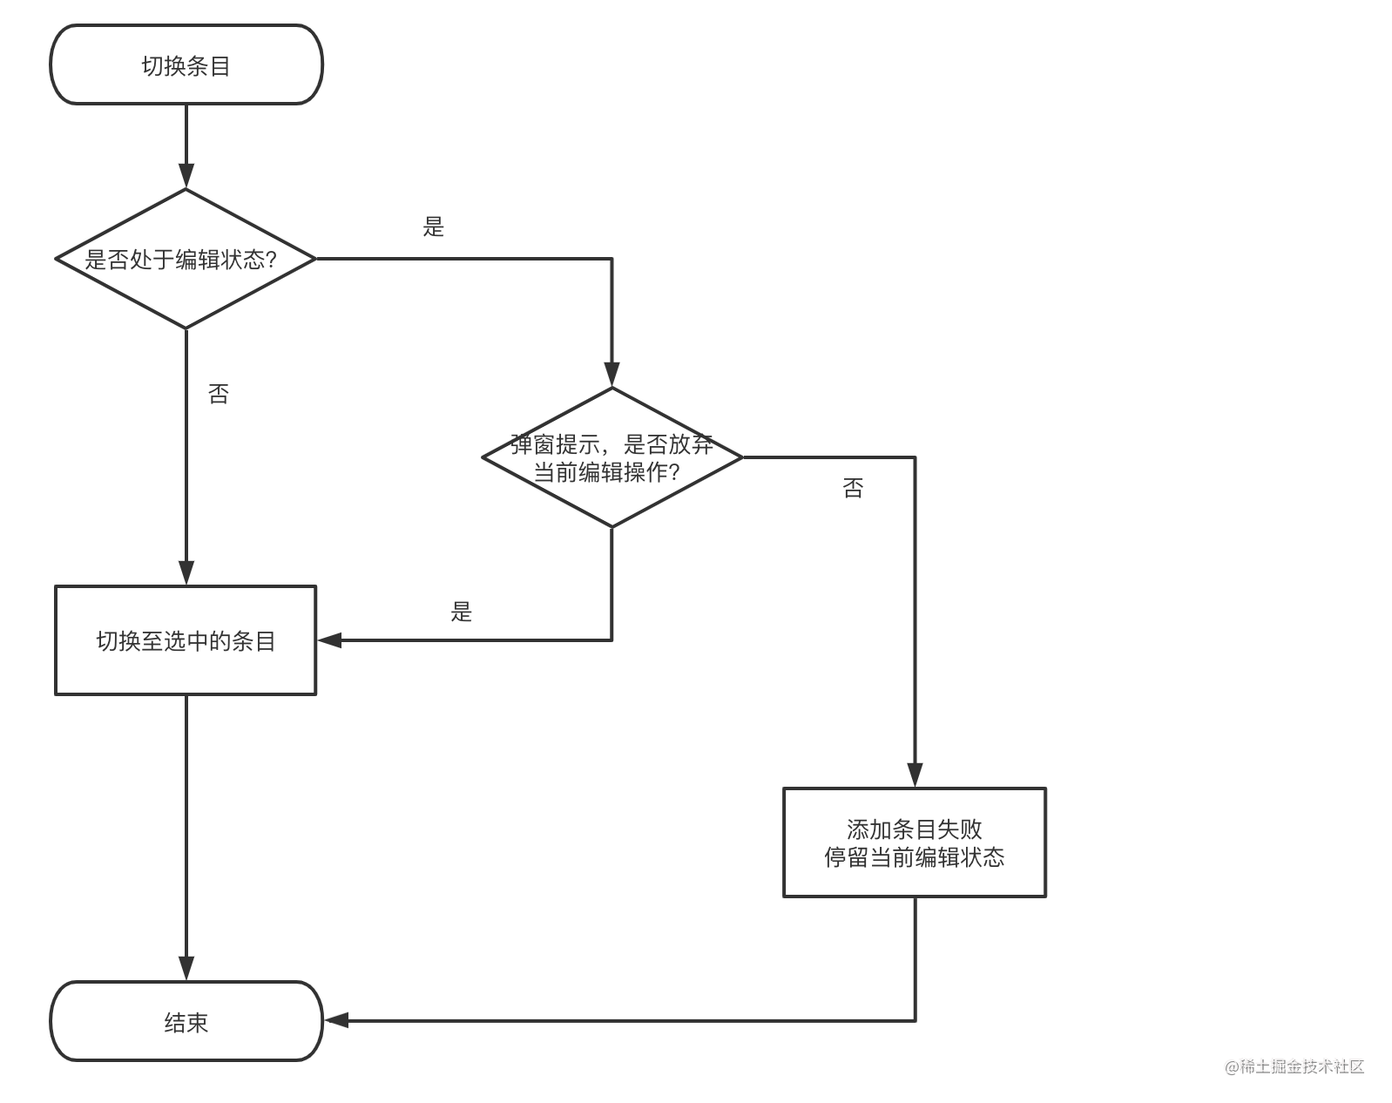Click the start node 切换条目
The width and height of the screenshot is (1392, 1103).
tap(186, 65)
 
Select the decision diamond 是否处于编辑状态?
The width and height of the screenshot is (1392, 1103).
tap(186, 259)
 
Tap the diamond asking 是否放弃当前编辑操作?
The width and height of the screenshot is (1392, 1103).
tap(612, 457)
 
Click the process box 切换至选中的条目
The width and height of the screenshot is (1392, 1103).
tap(186, 640)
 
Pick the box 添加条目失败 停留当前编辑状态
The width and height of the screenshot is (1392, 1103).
tap(914, 842)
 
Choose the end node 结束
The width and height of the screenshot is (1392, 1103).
tap(186, 1021)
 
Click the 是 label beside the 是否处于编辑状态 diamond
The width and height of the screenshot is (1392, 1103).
tap(433, 227)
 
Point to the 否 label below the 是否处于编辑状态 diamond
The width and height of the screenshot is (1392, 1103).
tap(219, 394)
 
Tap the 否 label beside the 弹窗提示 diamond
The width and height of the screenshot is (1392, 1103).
tap(853, 488)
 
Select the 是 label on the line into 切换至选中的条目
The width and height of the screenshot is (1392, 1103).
tap(461, 612)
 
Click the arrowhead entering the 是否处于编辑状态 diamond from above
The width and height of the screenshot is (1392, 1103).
tap(186, 176)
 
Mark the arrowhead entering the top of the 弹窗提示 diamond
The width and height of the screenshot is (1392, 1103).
tap(612, 375)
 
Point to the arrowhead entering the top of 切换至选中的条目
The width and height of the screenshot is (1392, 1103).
tap(186, 572)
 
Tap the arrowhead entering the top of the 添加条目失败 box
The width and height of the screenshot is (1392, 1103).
tap(915, 775)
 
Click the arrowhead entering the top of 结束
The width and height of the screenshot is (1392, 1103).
tap(186, 968)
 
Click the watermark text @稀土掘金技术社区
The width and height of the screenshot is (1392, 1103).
tap(1294, 1066)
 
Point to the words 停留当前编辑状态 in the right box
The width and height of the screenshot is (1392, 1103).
tap(914, 857)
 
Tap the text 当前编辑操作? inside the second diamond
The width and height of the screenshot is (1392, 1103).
tap(606, 472)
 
